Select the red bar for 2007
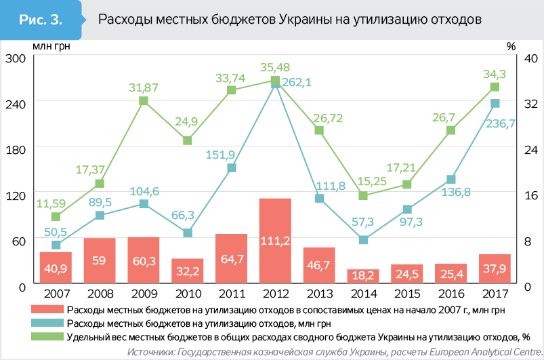point(56,268)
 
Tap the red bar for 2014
point(363,276)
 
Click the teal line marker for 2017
point(495,103)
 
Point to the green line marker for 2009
point(144,101)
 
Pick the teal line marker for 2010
point(188,233)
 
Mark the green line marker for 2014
point(363,196)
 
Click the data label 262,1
point(297,82)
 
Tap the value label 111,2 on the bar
point(275,260)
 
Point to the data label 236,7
point(502,123)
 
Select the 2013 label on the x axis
point(319,294)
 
